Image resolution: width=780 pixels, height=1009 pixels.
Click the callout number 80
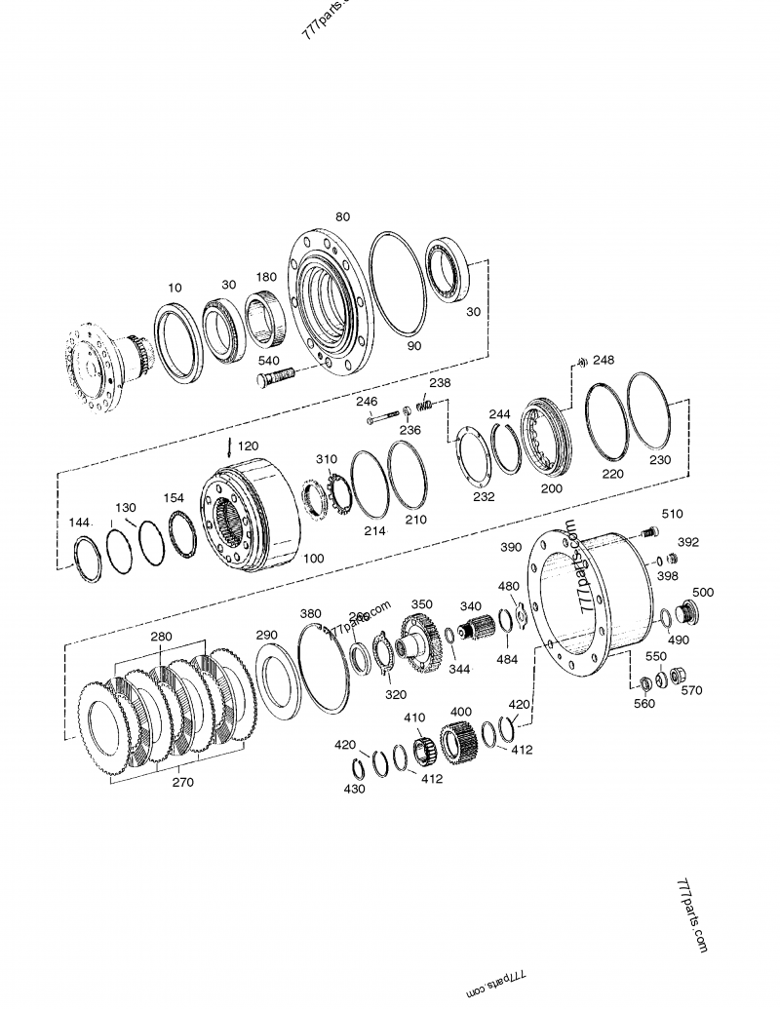[x=342, y=216]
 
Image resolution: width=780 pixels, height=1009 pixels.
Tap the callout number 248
[x=604, y=360]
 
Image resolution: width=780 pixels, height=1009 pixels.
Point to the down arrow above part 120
[x=229, y=447]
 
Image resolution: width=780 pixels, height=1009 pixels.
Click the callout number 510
[x=673, y=514]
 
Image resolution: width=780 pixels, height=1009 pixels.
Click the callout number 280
[x=162, y=637]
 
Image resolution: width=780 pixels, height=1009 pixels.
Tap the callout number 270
[x=182, y=782]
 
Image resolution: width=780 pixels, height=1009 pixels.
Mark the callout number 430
[x=355, y=788]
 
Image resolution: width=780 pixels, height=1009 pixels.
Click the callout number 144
[x=80, y=524]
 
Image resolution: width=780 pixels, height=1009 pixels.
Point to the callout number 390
[x=512, y=548]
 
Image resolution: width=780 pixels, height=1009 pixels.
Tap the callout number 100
[x=314, y=560]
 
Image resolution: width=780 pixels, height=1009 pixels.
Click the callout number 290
[x=267, y=635]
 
